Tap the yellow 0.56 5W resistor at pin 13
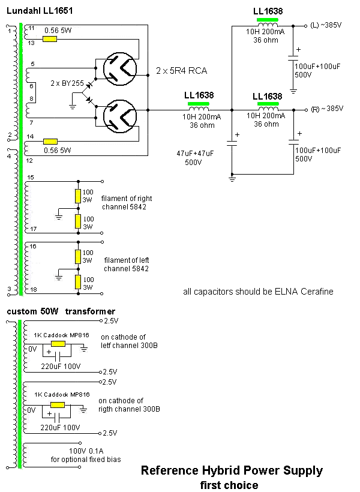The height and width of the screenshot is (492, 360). point(49,39)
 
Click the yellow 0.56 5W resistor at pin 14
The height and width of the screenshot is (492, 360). point(49,142)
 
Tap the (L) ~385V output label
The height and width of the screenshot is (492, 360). point(326,26)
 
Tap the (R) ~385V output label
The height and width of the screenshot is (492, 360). point(326,109)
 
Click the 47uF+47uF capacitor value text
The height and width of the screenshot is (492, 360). point(196,154)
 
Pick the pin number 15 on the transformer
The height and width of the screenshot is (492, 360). point(31,177)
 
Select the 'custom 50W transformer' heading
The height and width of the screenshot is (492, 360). point(61,311)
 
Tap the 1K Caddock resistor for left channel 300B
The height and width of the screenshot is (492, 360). point(59,344)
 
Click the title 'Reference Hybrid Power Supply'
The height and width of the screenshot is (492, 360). point(232,470)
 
